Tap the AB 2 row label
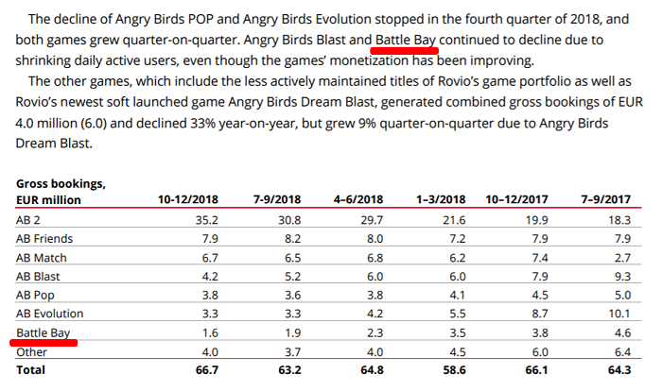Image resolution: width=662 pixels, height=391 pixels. [31, 219]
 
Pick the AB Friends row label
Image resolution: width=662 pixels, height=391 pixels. [43, 238]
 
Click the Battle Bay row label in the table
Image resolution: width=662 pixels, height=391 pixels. [44, 333]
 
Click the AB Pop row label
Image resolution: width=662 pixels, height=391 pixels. [35, 295]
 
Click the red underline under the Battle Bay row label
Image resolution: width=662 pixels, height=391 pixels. [44, 344]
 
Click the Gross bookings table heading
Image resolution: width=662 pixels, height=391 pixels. [60, 182]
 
